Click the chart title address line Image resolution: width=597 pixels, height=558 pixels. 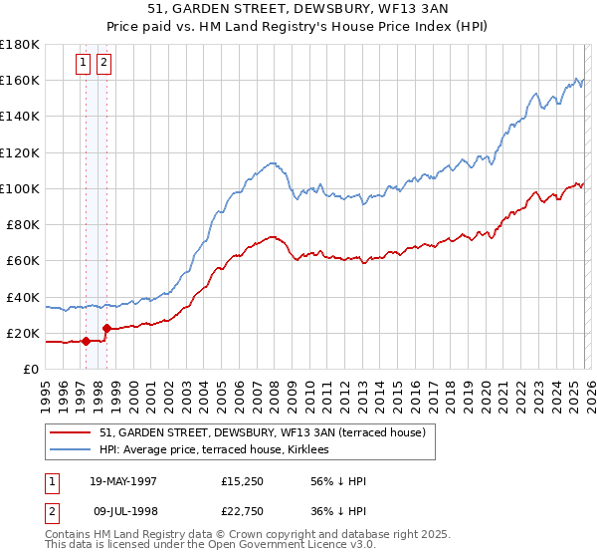coord(298,8)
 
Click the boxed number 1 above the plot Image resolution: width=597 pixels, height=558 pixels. coord(85,63)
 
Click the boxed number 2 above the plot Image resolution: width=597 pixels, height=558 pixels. coord(104,63)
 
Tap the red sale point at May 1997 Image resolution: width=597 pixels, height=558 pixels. coord(86,342)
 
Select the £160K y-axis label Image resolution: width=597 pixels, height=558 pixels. coord(19,80)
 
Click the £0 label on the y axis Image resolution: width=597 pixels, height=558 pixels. coord(29,370)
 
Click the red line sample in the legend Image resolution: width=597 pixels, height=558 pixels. coord(71,432)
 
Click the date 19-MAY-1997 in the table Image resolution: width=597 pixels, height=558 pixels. coord(123,481)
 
